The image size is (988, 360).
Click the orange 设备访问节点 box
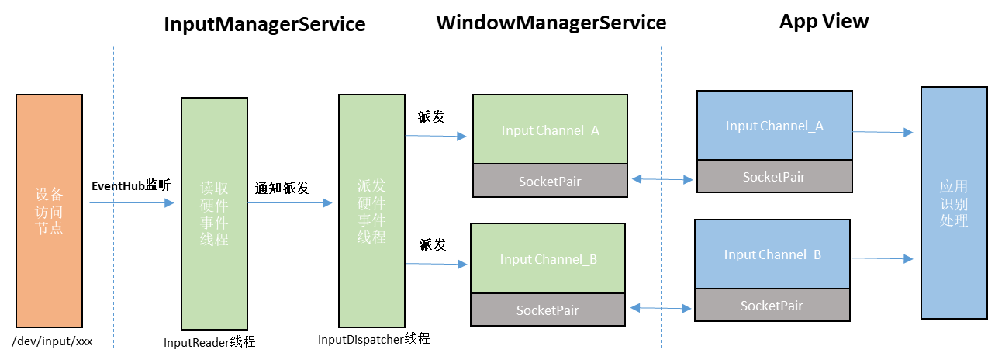click(49, 210)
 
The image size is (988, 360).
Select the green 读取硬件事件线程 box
click(214, 213)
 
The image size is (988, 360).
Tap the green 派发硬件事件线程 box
click(371, 211)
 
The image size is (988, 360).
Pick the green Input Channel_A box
click(550, 130)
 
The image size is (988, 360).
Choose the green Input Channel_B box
click(548, 258)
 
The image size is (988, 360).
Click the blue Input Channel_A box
click(774, 126)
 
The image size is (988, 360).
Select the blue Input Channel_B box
click(772, 254)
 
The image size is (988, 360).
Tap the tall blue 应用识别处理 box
click(953, 202)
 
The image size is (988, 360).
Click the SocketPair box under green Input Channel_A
click(550, 181)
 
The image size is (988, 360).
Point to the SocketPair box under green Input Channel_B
click(548, 310)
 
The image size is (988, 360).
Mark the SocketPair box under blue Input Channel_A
click(774, 176)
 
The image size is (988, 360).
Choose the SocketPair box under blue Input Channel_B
click(772, 305)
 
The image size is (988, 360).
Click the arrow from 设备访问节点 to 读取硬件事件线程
click(132, 203)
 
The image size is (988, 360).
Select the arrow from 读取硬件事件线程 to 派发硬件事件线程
click(290, 203)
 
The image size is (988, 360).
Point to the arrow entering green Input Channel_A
click(436, 136)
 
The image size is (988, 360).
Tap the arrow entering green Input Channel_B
click(437, 264)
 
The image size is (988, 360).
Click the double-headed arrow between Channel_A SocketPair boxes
click(662, 179)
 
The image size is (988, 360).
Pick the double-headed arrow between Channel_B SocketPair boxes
click(660, 308)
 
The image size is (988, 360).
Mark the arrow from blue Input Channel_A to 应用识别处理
click(883, 132)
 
